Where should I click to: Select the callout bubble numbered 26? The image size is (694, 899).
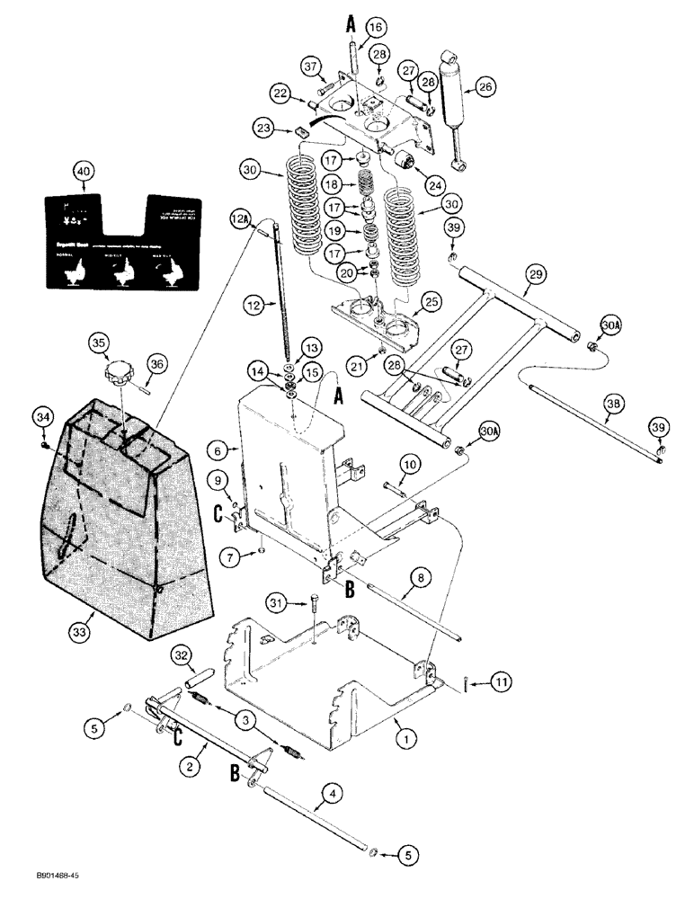click(x=486, y=87)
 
